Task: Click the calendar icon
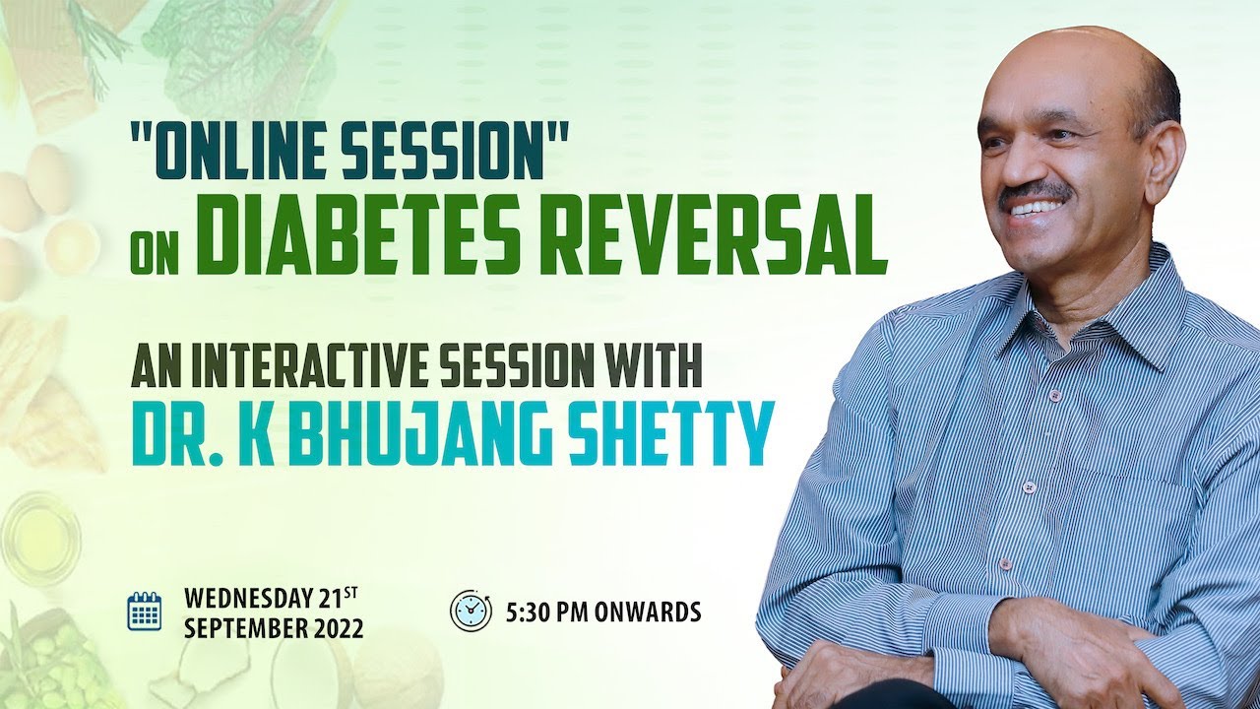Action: coord(145,611)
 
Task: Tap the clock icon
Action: coord(471,611)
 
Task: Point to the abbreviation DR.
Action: coord(161,433)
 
